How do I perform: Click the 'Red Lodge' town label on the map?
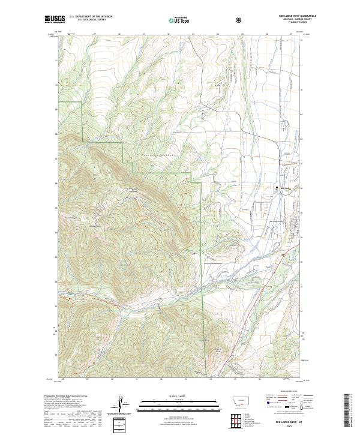click(284, 188)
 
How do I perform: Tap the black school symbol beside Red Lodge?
click(277, 187)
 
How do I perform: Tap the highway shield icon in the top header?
click(240, 20)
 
